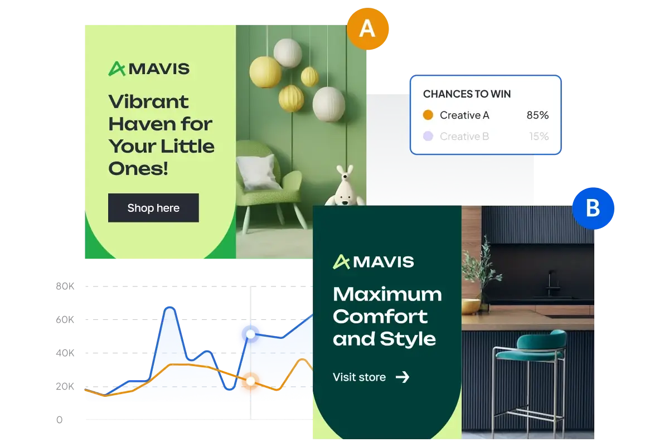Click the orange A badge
point(367,28)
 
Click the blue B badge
point(593,208)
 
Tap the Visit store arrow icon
point(403,377)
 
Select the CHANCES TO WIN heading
point(467,94)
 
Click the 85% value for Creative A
point(537,115)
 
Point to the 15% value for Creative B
point(539,136)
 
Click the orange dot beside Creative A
point(428,115)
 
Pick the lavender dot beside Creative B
point(428,136)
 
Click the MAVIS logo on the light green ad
point(149,69)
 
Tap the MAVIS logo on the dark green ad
point(374,261)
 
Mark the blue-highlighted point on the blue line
point(251,334)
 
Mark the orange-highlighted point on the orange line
point(251,381)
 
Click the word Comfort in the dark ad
point(380,317)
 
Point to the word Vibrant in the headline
point(148,102)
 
